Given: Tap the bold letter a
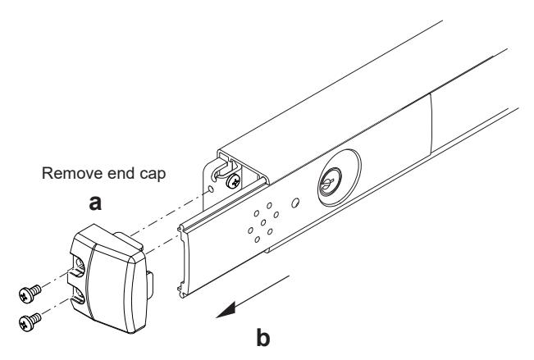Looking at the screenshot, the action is pos(95,203).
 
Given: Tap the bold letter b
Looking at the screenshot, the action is pos(263,338).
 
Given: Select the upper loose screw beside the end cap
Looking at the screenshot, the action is pos(30,294).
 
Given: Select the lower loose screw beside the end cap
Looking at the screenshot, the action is pos(30,321).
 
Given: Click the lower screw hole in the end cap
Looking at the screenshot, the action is pos(80,295).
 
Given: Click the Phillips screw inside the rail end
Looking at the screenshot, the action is pos(235,181).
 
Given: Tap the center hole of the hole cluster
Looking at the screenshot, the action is pos(263,223).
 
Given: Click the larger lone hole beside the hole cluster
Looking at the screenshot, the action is pos(295,203).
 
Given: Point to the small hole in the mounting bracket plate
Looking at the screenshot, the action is pos(211,189).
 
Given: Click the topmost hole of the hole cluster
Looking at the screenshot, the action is pos(269,206).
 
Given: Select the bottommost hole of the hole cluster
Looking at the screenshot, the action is pos(257,239).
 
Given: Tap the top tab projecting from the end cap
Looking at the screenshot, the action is pos(127,239).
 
